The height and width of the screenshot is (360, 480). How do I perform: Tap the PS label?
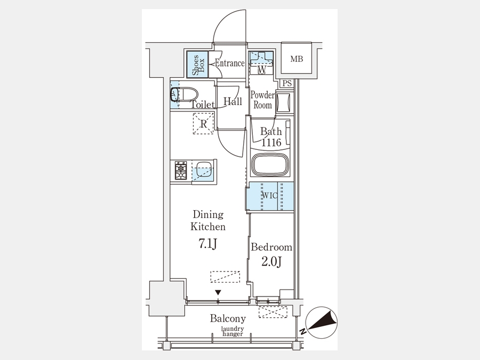(287, 83)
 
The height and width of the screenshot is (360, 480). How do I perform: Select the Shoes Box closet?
(197, 65)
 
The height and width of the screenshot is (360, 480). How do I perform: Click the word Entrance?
(230, 63)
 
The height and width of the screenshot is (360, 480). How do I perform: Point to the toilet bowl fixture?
(183, 94)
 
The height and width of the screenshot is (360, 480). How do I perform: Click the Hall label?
(233, 101)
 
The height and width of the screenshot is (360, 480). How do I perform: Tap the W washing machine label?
(262, 70)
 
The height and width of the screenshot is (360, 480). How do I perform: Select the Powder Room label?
(262, 100)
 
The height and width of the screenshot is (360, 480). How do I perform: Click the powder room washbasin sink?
(284, 103)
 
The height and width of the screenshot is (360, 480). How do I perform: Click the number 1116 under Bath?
(271, 142)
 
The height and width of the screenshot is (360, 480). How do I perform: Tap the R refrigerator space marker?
(203, 124)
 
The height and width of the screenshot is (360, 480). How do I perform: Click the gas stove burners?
(181, 170)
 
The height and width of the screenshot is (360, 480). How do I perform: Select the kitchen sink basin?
(204, 170)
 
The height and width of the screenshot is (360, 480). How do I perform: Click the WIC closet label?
(270, 195)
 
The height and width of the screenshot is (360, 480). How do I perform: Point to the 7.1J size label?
(208, 243)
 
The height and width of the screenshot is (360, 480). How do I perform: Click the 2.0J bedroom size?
(271, 261)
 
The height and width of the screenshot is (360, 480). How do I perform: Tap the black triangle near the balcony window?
(218, 293)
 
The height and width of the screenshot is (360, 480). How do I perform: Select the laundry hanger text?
(233, 331)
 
